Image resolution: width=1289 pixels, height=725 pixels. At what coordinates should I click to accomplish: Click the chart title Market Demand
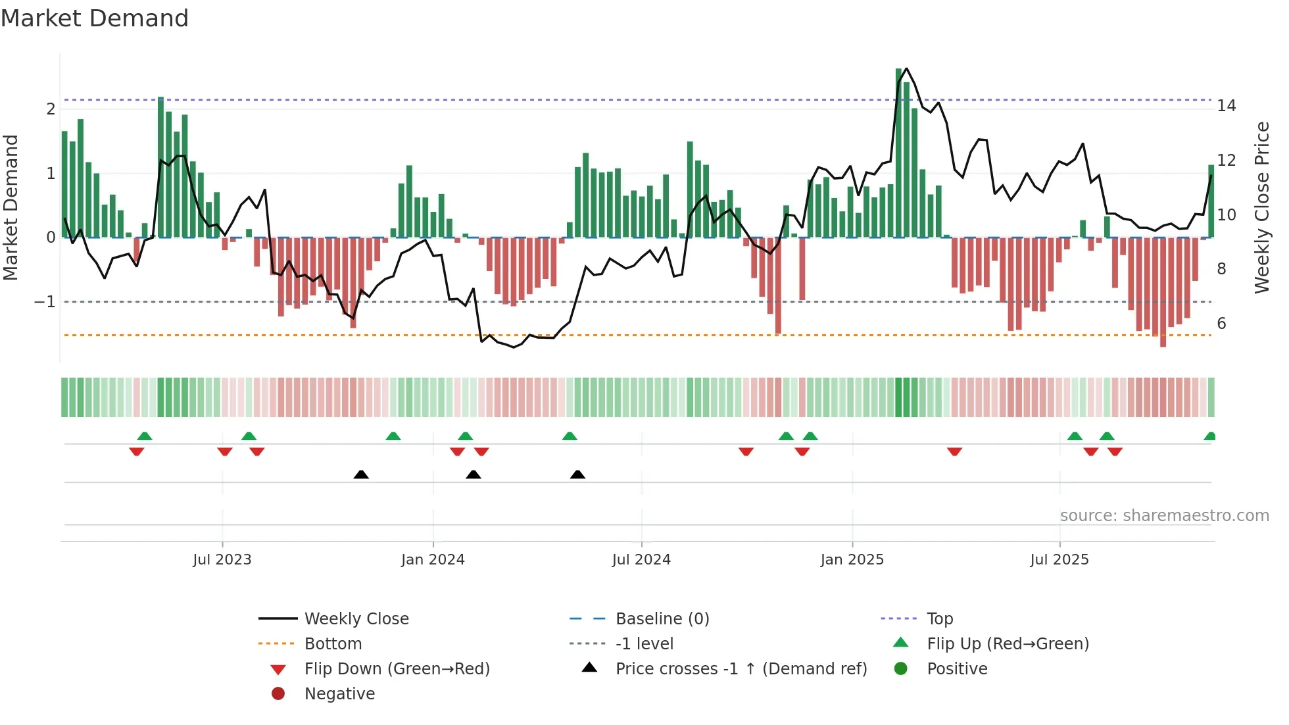[95, 18]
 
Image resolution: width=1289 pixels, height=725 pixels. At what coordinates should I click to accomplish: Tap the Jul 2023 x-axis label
[222, 560]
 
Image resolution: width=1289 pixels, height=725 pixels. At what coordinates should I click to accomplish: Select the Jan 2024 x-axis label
[433, 560]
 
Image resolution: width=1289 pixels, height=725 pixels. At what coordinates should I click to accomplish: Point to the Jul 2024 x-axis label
[641, 560]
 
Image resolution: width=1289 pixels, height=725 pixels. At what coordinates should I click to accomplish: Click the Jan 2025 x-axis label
[852, 560]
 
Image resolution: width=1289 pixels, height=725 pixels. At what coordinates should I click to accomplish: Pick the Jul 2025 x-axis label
[1059, 560]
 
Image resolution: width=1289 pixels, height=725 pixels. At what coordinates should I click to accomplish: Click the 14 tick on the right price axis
[1227, 106]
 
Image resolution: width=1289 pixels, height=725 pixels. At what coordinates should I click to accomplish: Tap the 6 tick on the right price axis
[1221, 323]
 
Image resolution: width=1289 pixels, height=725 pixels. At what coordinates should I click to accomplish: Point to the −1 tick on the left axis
[45, 302]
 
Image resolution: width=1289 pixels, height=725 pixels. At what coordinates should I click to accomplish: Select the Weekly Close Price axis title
[1261, 207]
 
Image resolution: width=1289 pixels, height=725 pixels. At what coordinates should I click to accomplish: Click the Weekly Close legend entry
[356, 619]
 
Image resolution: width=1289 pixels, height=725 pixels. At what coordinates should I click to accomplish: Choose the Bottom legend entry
[333, 644]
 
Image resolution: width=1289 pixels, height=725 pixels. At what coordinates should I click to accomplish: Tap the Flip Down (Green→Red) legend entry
[397, 669]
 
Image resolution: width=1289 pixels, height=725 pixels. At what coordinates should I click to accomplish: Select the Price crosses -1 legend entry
[741, 669]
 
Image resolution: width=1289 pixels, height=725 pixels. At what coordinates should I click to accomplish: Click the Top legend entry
[940, 619]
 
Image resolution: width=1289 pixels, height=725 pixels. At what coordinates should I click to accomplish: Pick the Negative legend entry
[339, 694]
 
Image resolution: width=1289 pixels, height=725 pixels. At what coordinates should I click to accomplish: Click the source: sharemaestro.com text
[1164, 516]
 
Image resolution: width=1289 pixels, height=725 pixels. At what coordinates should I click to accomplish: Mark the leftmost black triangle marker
[361, 474]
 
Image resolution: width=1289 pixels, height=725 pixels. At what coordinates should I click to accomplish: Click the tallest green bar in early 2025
[899, 151]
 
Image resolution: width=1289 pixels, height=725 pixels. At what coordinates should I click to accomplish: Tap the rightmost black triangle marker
[577, 474]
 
